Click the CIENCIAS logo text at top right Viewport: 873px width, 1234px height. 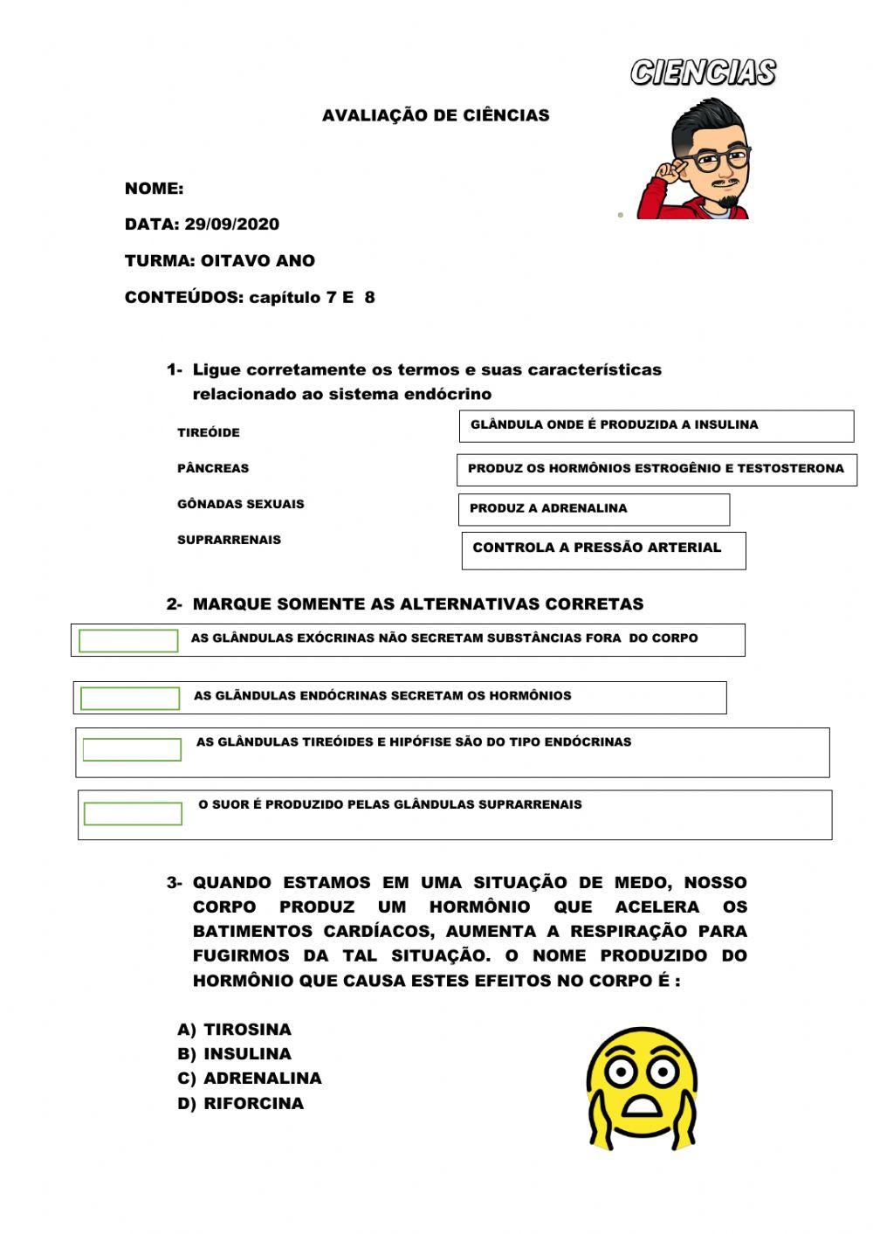[703, 72]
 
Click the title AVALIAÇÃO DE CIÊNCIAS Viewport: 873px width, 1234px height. [436, 115]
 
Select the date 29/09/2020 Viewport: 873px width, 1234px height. [232, 224]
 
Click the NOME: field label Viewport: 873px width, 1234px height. [154, 189]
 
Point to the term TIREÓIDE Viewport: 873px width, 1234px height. [208, 432]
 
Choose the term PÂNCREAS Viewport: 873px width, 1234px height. [212, 468]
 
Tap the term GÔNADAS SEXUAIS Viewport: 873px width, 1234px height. [240, 504]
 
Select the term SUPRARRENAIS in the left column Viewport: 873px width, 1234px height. [229, 540]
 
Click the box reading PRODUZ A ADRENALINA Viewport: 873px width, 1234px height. [594, 509]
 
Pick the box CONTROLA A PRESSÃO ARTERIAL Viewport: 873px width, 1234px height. [603, 550]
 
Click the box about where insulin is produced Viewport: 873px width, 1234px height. [656, 426]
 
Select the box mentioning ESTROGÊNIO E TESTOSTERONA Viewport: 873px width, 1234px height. [656, 469]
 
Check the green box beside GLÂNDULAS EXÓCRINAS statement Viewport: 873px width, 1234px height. [128, 640]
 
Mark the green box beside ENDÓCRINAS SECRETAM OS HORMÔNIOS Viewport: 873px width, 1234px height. [130, 698]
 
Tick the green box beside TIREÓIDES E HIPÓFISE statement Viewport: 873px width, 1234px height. [132, 749]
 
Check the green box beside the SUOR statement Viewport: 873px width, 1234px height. [133, 813]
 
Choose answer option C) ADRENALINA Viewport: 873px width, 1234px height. [250, 1079]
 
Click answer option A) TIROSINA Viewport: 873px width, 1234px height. [235, 1030]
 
